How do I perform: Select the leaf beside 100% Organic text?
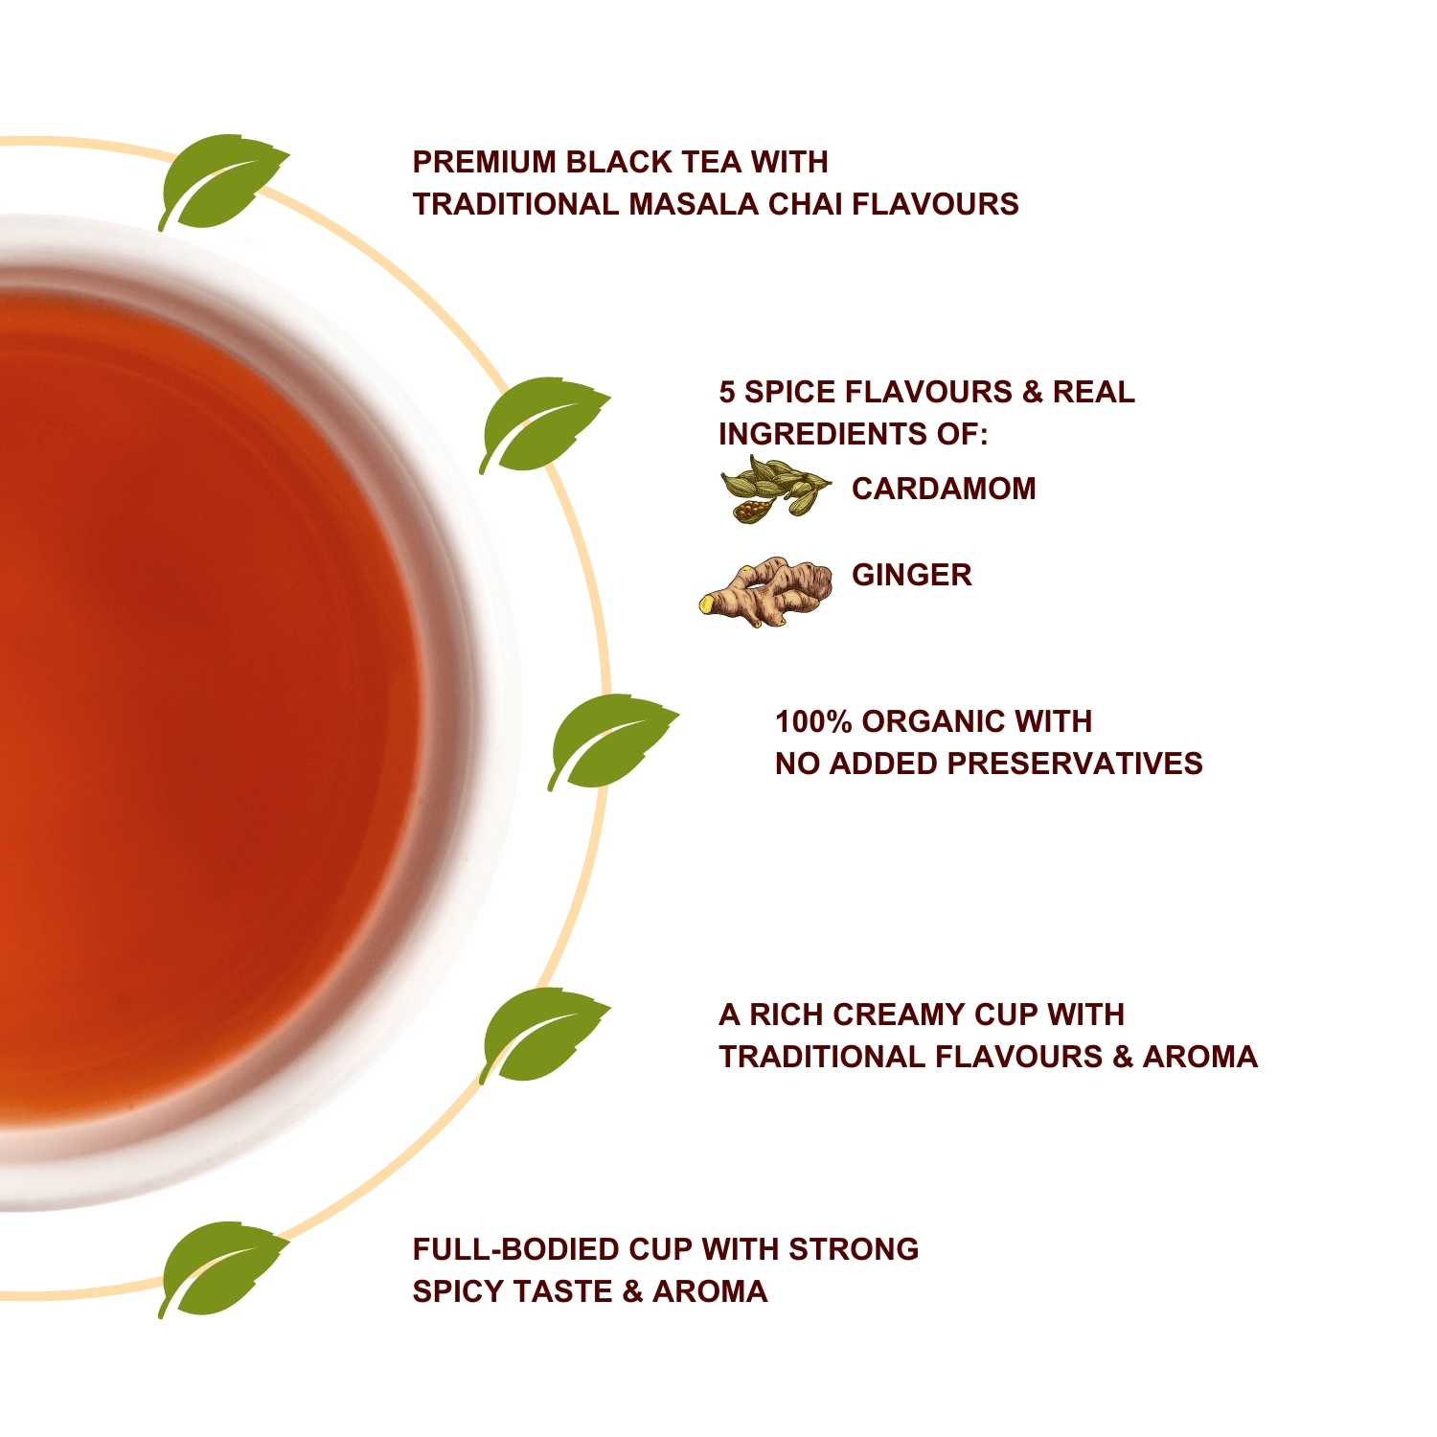point(611,741)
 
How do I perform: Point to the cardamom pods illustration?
point(773,489)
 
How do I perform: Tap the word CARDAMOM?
point(944,489)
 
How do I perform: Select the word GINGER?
point(911,575)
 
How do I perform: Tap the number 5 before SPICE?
point(727,392)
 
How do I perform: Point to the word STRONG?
point(854,1249)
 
